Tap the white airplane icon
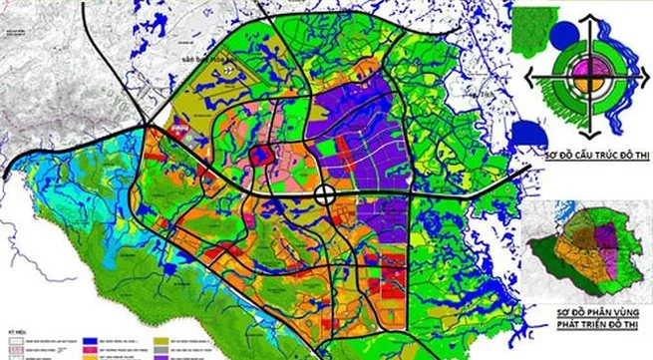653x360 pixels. [180, 128]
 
